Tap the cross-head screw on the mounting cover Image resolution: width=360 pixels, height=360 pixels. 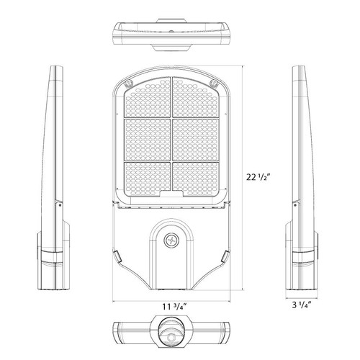pyautogui.click(x=171, y=240)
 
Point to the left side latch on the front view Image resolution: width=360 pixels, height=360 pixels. pyautogui.click(x=117, y=256)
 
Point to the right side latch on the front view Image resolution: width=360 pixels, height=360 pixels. pyautogui.click(x=226, y=256)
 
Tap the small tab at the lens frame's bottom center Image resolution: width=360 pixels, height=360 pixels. pyautogui.click(x=171, y=195)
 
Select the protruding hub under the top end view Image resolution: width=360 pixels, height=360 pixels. pyautogui.click(x=171, y=47)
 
